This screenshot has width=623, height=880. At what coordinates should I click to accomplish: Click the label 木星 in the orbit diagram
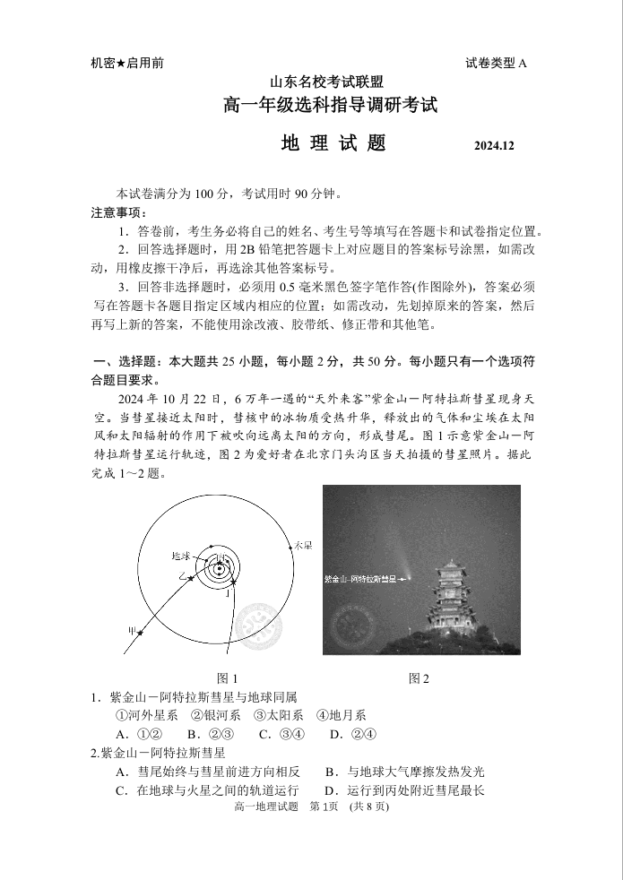coord(304,546)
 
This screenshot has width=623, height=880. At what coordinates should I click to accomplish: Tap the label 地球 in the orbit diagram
coord(181,556)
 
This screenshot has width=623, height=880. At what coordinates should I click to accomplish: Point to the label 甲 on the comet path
coord(133,630)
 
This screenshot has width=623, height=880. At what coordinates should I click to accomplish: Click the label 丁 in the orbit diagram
coord(230,593)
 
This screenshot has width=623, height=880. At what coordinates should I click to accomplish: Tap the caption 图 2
coord(419,678)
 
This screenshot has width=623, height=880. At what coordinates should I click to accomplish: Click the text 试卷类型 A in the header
coord(497,63)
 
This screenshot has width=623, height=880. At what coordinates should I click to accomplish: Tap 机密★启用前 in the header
coord(127,63)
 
